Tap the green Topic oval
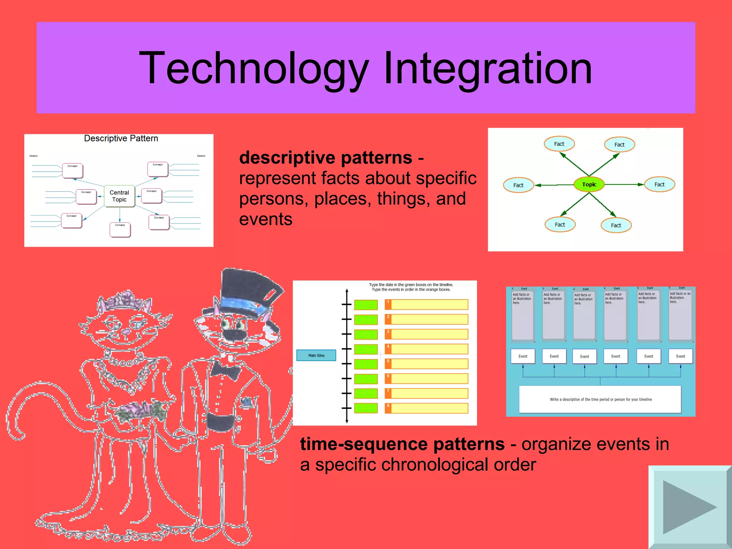click(589, 184)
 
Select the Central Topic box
click(119, 196)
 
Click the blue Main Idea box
click(316, 355)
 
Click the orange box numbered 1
click(426, 305)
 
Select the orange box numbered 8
click(426, 408)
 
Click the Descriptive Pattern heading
click(121, 138)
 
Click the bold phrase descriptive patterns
click(325, 158)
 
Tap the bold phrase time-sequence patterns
click(402, 444)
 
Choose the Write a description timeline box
click(600, 399)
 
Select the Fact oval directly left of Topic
click(518, 185)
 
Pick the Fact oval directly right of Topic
click(659, 184)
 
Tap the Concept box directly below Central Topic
click(120, 230)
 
